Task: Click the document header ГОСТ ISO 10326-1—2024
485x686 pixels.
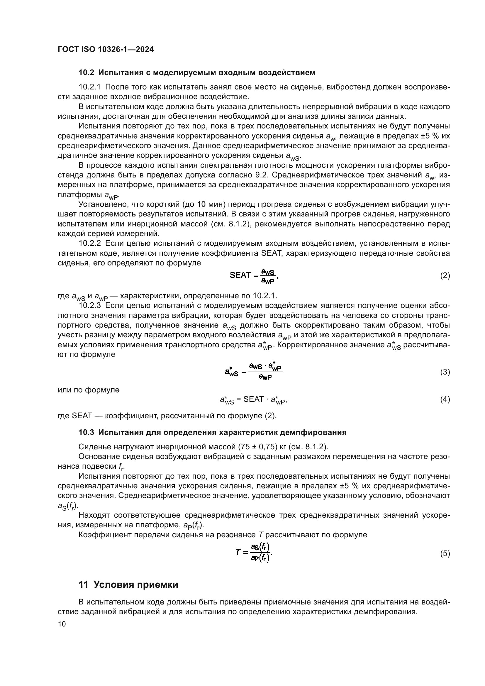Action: pyautogui.click(x=106, y=50)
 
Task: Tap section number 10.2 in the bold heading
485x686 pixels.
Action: pyautogui.click(x=86, y=73)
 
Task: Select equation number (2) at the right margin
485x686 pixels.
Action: pyautogui.click(x=445, y=275)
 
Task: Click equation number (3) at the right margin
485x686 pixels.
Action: pyautogui.click(x=445, y=372)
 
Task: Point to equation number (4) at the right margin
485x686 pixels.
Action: pyautogui.click(x=445, y=399)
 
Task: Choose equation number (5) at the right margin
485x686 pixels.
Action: pyautogui.click(x=445, y=554)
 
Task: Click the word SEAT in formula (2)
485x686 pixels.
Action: pyautogui.click(x=240, y=275)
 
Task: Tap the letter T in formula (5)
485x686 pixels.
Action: pyautogui.click(x=238, y=552)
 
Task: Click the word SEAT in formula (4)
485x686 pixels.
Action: pyautogui.click(x=254, y=399)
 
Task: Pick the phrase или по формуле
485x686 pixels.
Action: pyautogui.click(x=88, y=390)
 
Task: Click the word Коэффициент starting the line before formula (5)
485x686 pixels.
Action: pyautogui.click(x=102, y=535)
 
